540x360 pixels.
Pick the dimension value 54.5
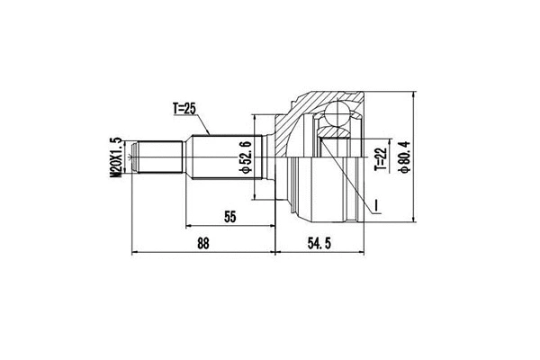[x=320, y=243]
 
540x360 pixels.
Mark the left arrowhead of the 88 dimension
[x=135, y=253]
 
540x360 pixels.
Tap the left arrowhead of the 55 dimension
[x=187, y=225]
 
